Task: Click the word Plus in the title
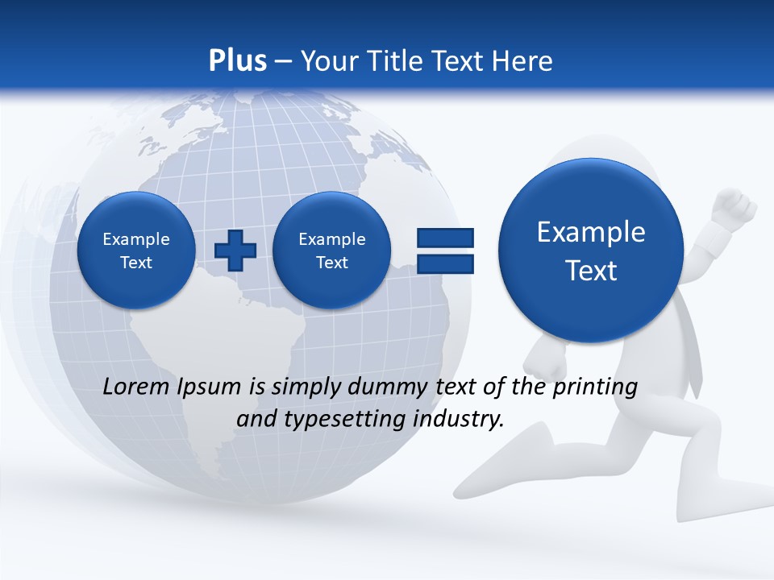click(x=237, y=61)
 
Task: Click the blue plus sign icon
click(x=235, y=251)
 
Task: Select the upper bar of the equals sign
click(x=445, y=238)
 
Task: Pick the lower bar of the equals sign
click(x=445, y=264)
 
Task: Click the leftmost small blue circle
click(x=136, y=251)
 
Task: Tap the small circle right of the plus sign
click(x=331, y=251)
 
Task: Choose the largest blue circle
click(x=591, y=251)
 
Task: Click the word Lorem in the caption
click(x=136, y=387)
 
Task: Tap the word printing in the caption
click(x=594, y=387)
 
